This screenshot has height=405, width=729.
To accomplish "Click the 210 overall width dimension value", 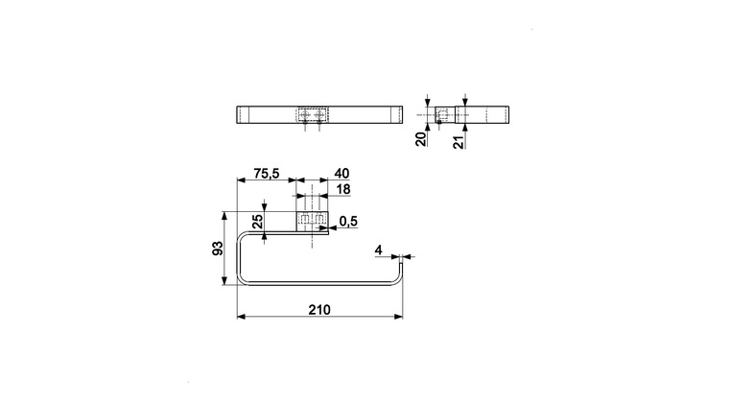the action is pos(319,310).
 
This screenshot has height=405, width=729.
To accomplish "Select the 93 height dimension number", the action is pos(218,249).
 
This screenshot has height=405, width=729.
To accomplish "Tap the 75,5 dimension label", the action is pos(267,174).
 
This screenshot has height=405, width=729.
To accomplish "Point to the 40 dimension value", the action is pos(341,174).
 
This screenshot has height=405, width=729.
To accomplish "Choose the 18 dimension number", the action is pos(343,189).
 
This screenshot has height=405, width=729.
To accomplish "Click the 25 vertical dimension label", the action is pos(257,222).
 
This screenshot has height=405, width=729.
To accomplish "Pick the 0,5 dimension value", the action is pos(348,222).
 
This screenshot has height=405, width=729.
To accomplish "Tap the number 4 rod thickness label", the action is pos(379,250).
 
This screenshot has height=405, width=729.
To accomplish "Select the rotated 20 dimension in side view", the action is pos(421,139).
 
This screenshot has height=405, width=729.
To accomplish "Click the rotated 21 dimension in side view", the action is pos(459,142).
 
